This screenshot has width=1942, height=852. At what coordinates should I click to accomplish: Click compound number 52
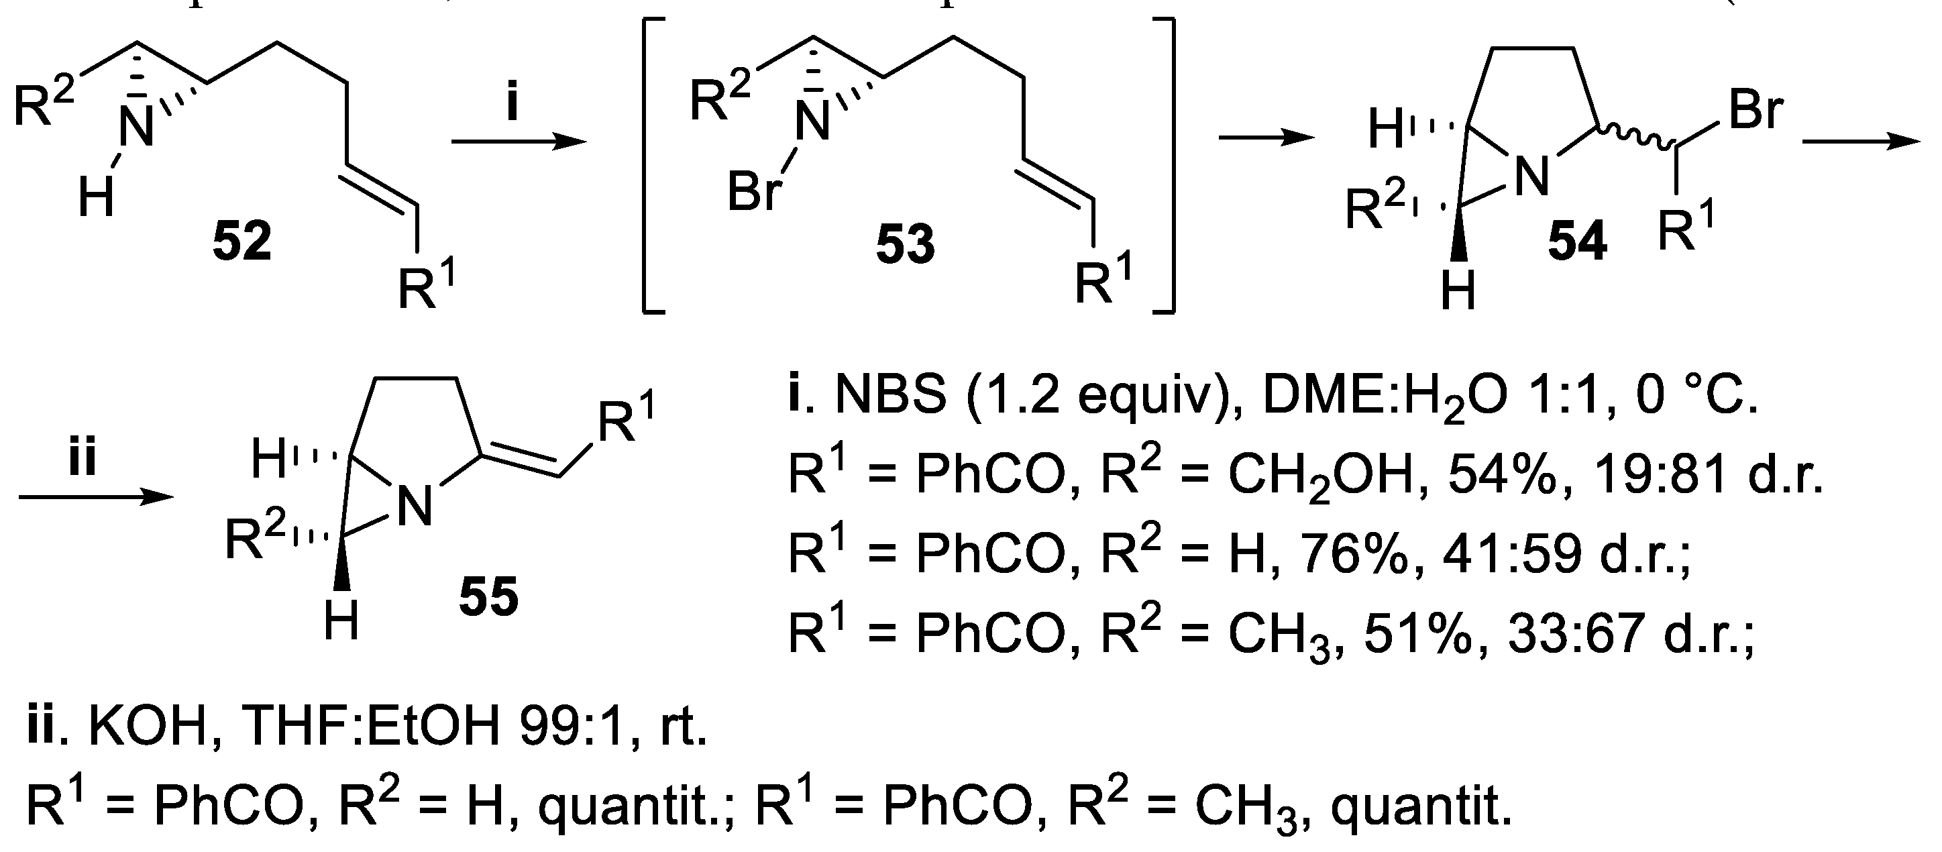click(x=242, y=243)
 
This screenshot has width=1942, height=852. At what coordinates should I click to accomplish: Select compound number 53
click(x=905, y=246)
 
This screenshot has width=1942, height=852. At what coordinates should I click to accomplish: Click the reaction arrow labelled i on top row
click(x=518, y=142)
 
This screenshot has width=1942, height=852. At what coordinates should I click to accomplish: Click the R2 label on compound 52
click(x=44, y=105)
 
